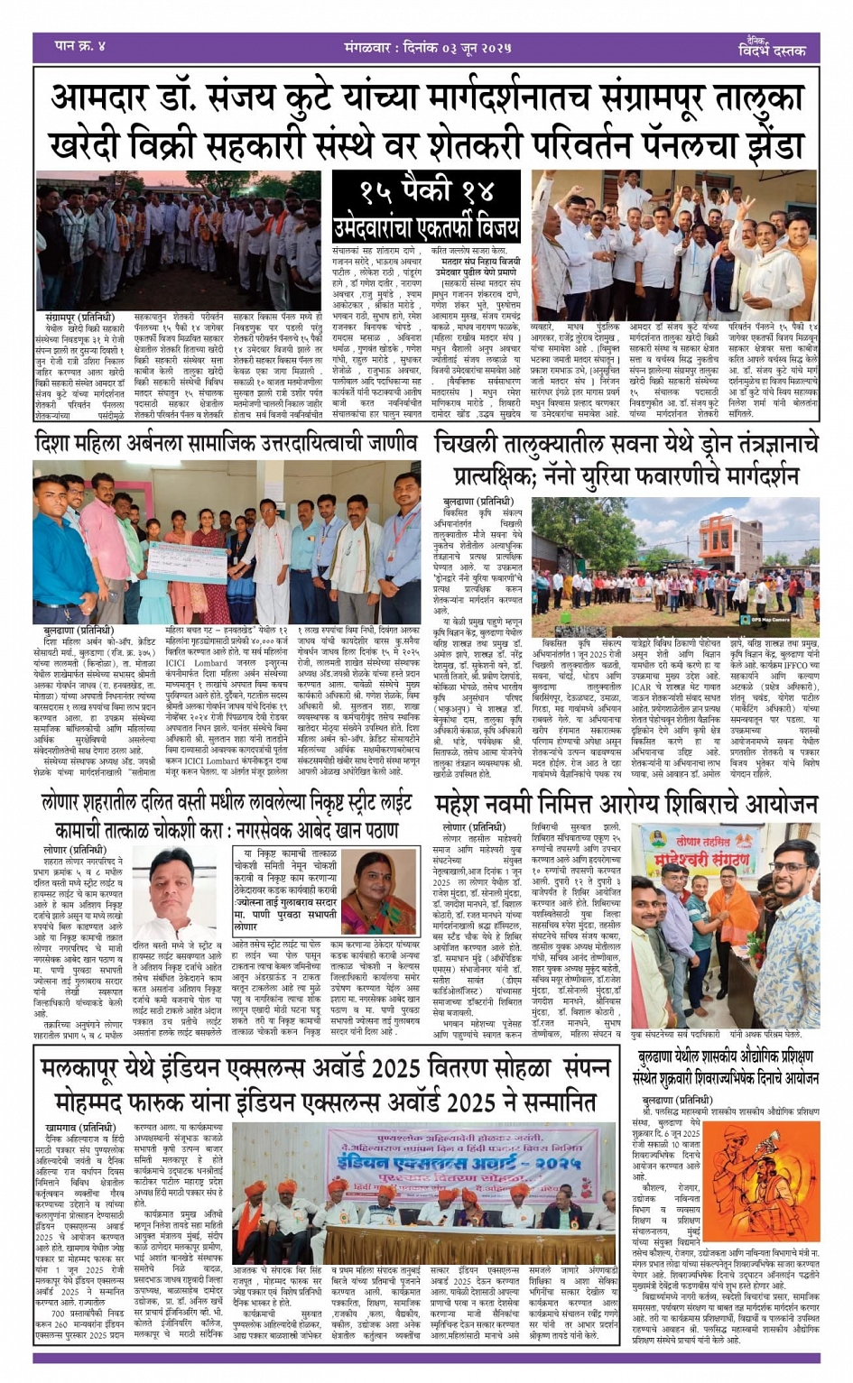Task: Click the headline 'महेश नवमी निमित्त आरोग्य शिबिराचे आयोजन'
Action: [626, 804]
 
